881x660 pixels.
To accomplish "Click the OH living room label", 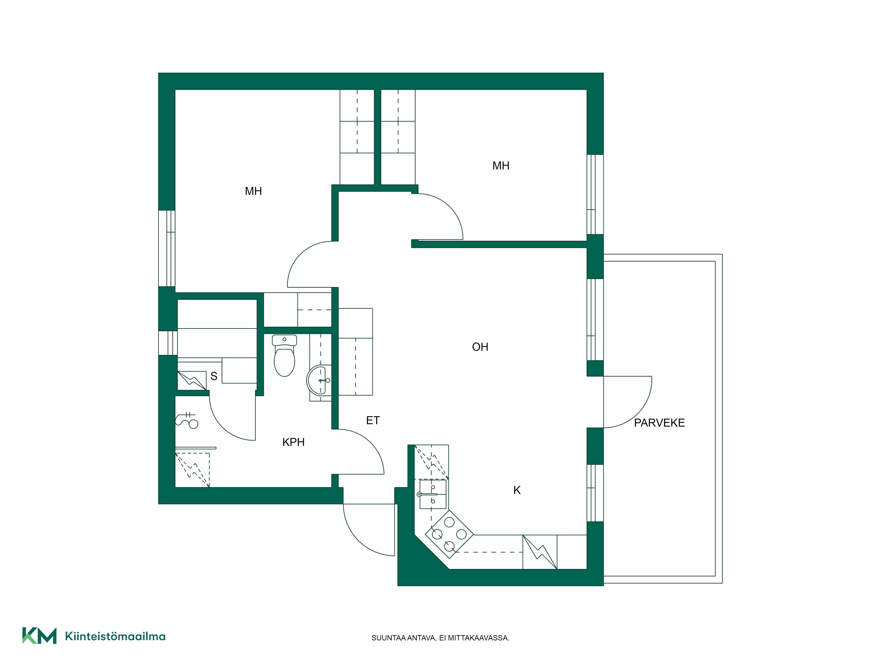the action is (480, 347).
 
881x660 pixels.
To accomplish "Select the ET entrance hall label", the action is (373, 420).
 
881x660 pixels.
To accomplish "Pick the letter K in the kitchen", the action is (517, 490).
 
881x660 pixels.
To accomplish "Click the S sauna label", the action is (214, 376).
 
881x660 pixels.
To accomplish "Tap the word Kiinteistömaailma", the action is (115, 636).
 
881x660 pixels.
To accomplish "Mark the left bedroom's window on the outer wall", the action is (167, 248).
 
